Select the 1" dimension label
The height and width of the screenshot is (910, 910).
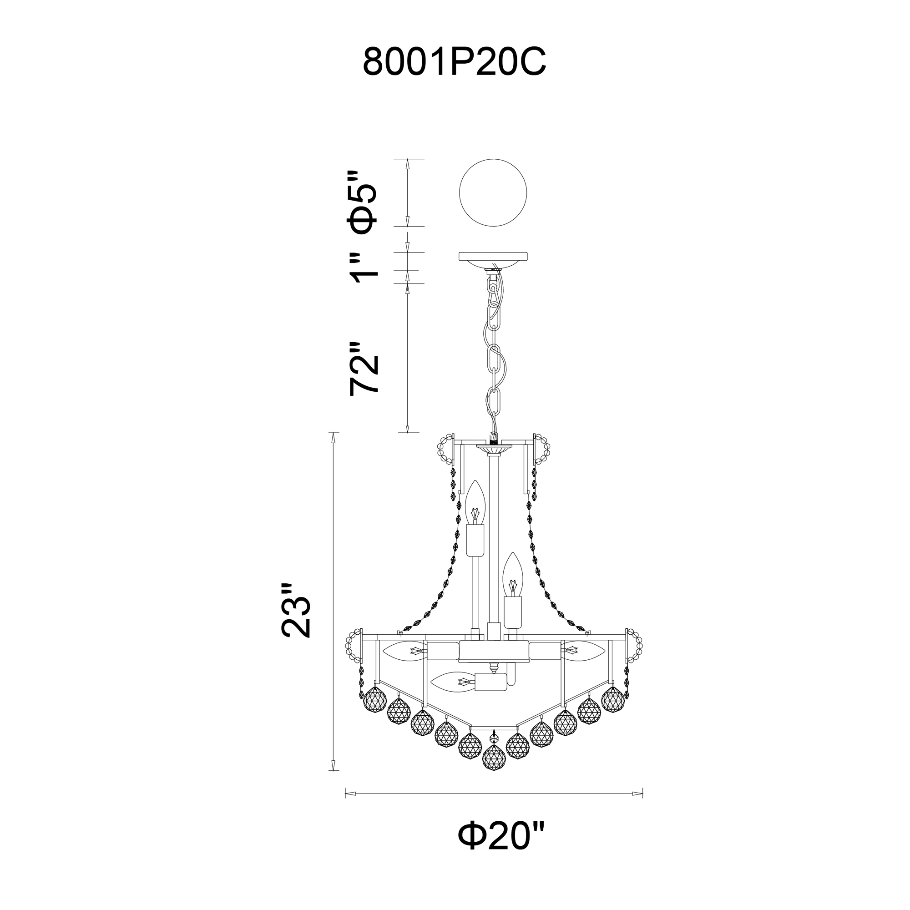click(363, 267)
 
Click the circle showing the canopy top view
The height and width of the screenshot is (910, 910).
click(493, 192)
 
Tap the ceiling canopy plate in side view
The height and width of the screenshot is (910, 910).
click(493, 259)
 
